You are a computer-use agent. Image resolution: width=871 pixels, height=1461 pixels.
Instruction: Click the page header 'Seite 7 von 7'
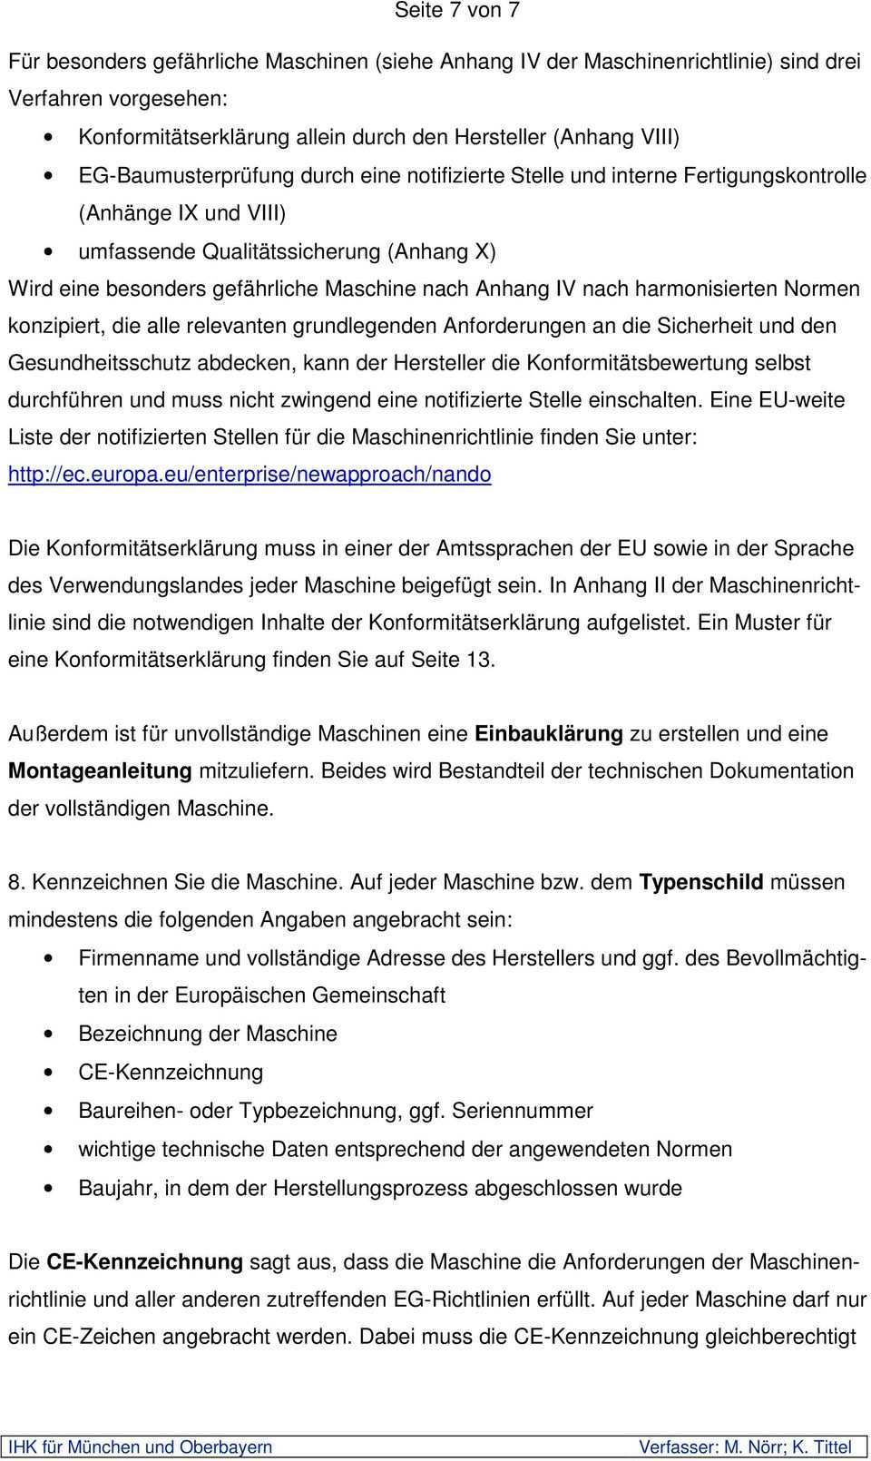[456, 11]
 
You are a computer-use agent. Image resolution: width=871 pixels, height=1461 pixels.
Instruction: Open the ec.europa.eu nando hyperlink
[250, 475]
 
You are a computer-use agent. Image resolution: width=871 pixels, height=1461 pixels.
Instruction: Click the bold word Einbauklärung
[548, 733]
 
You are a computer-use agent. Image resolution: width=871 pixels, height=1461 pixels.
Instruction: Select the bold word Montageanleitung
[100, 771]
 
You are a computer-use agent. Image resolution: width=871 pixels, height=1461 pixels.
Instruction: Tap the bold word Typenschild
[700, 882]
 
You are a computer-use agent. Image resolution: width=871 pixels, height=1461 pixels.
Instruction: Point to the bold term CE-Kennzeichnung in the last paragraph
[144, 1261]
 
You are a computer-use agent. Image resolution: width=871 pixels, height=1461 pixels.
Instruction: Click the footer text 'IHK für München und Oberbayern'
[141, 1446]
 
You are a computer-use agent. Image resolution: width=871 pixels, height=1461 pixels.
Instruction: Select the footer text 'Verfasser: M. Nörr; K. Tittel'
[745, 1446]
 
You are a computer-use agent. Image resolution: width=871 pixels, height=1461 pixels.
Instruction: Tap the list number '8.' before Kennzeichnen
[16, 882]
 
